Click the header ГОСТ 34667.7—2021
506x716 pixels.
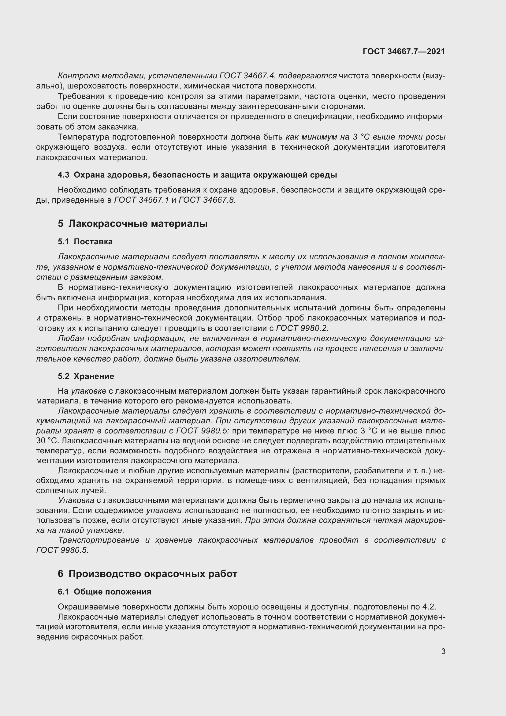(404, 51)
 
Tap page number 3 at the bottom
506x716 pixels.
(443, 651)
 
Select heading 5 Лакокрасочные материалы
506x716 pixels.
(132, 223)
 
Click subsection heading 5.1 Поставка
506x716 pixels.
(85, 242)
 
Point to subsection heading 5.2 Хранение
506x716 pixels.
(86, 376)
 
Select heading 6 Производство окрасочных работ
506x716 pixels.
(147, 574)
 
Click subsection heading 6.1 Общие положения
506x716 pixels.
(104, 592)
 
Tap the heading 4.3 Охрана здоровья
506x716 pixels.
(197, 175)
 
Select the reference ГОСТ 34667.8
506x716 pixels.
(207, 200)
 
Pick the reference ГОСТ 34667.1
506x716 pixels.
(141, 200)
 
